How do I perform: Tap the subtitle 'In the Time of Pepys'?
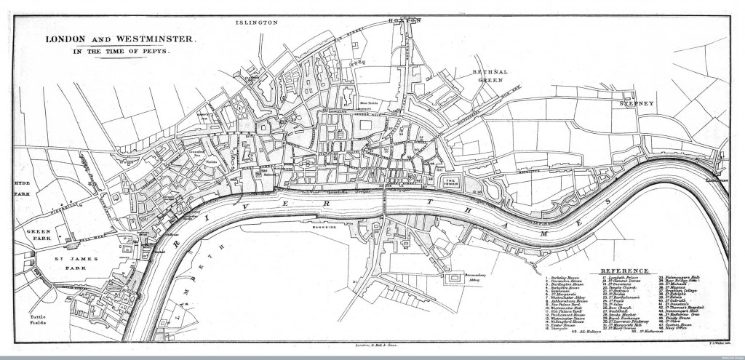tap(120, 52)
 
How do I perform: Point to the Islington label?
tap(256, 23)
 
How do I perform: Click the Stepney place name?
tap(639, 104)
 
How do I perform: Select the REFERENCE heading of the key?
tap(623, 271)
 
